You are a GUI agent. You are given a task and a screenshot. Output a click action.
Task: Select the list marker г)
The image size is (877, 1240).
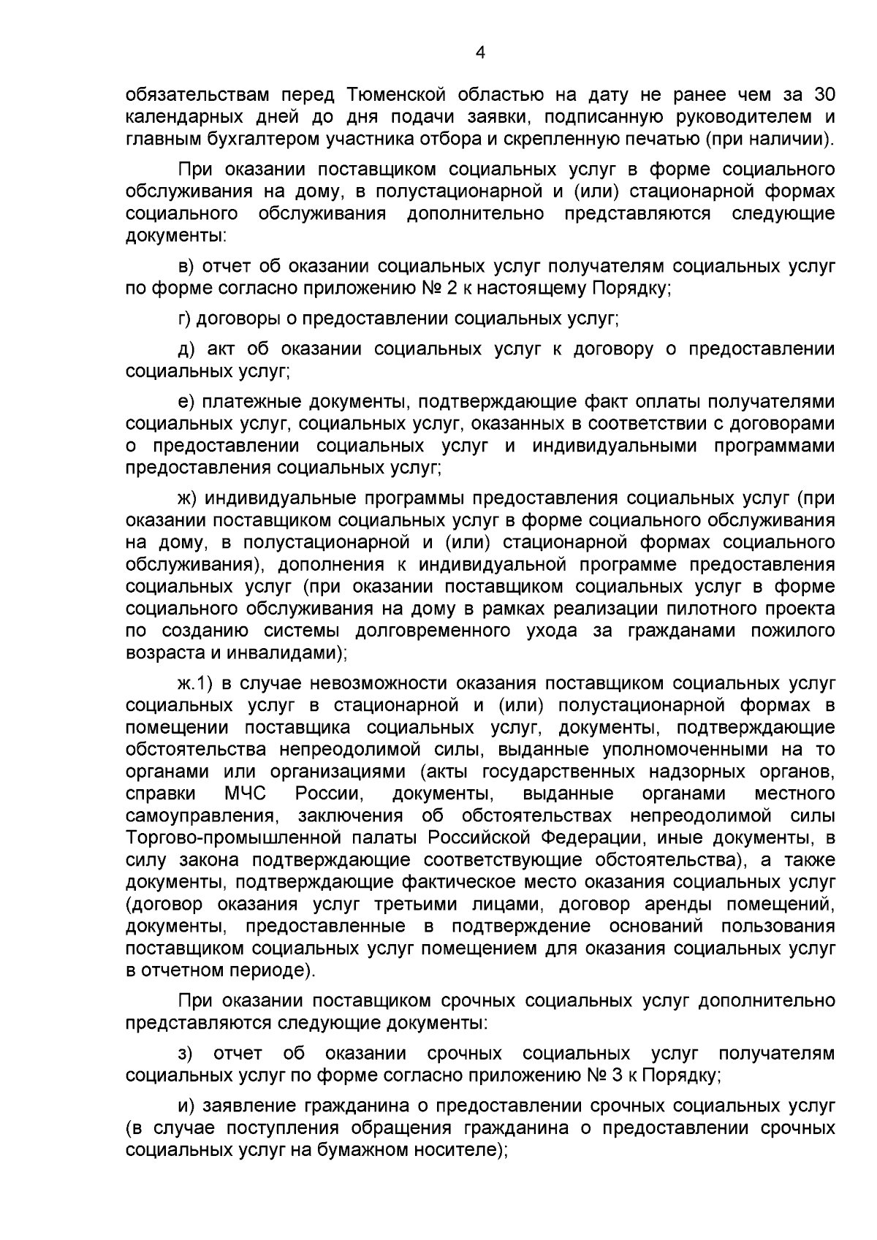pos(186,319)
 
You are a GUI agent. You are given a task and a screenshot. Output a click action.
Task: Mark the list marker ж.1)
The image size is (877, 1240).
pos(195,684)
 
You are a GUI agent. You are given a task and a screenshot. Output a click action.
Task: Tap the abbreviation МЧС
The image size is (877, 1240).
pos(246,794)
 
